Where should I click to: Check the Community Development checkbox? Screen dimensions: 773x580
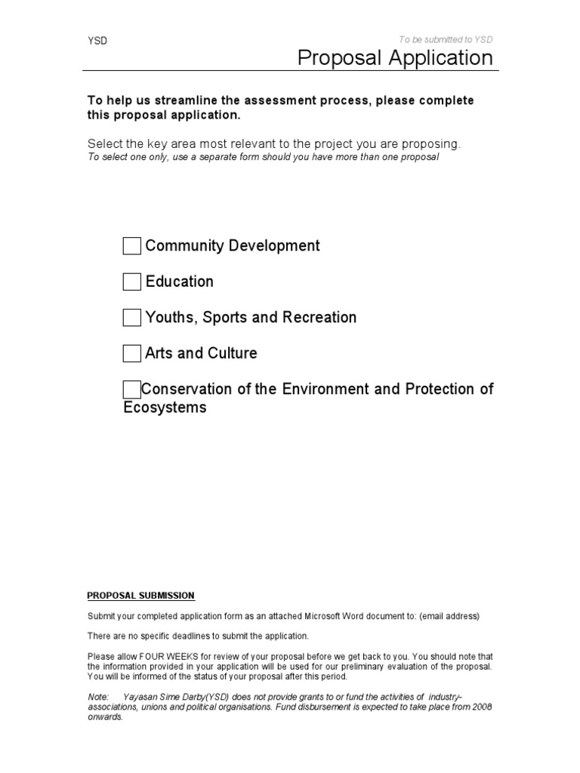(131, 246)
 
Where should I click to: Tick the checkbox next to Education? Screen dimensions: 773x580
(131, 282)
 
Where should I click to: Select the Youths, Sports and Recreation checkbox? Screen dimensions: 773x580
(131, 318)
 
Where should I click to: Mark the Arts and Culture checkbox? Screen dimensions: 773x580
(131, 353)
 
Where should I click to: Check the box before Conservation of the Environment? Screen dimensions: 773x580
(131, 390)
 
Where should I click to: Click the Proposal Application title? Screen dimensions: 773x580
(395, 57)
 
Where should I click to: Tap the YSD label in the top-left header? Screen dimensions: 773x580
(97, 42)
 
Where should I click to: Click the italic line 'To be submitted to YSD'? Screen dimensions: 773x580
(446, 40)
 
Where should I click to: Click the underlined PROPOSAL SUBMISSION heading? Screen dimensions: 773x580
(141, 596)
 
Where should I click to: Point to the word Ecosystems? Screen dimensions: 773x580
(165, 408)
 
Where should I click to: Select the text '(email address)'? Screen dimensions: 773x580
(452, 616)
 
